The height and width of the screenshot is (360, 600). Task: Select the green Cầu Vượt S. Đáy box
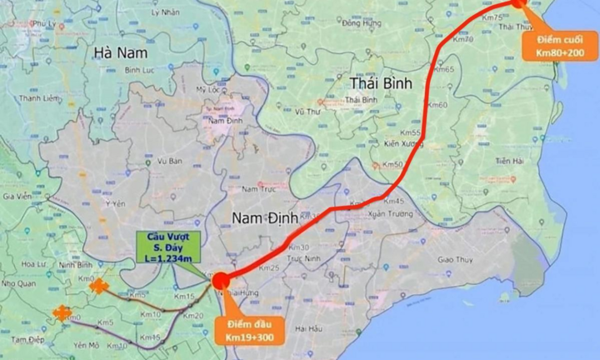[x=166, y=247]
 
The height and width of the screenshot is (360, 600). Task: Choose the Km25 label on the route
[x=268, y=267]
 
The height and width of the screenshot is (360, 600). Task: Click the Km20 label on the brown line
[x=195, y=317]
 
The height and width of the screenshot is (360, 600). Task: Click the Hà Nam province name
[x=121, y=52]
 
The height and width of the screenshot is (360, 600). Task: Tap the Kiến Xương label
[x=403, y=144]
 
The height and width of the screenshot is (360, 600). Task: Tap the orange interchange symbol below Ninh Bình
[x=99, y=287]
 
